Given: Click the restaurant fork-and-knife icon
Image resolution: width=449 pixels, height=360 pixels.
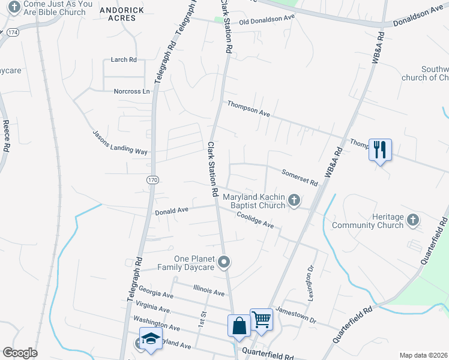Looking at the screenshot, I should click(x=379, y=149).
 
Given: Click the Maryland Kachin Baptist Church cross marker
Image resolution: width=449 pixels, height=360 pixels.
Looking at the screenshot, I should click(x=294, y=200).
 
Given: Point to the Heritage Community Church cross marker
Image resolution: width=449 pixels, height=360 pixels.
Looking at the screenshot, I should click(x=412, y=220).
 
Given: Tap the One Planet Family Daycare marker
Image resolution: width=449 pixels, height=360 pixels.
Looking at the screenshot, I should click(x=224, y=262).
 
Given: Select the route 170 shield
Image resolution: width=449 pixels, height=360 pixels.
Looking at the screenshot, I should click(x=153, y=179).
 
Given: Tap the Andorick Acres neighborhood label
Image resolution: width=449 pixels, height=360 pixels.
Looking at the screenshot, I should click(x=122, y=14).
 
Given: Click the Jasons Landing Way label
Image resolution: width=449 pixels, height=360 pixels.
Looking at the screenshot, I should click(x=120, y=143).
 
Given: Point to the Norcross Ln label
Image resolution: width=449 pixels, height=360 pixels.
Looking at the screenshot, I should click(x=131, y=91).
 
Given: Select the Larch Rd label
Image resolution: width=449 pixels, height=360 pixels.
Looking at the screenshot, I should click(x=124, y=59).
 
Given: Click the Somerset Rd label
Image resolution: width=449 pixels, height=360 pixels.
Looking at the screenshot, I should click(x=300, y=178).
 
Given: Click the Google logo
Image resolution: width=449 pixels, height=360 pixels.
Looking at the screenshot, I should click(x=20, y=353).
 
